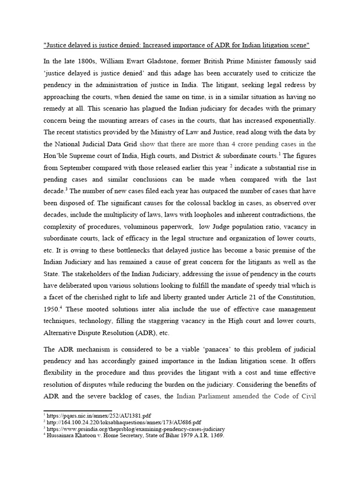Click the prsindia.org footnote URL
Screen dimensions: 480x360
135,428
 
